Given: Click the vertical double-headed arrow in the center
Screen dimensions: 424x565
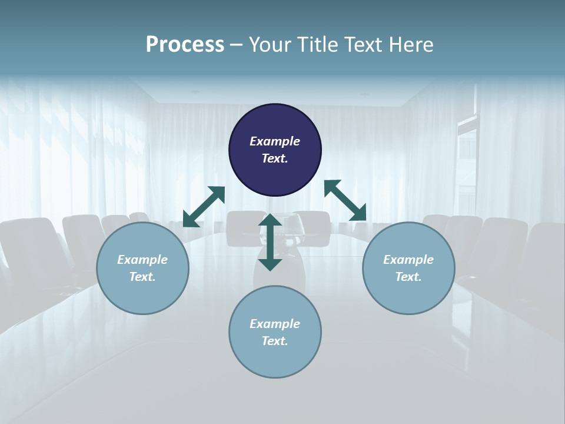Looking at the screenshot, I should [270, 242].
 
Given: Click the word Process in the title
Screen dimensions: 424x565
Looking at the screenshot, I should [185, 45].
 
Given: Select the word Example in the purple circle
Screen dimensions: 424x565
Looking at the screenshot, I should [275, 141].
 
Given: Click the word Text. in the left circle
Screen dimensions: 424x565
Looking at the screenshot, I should [142, 277].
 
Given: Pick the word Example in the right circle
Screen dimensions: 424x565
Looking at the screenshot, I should [408, 260].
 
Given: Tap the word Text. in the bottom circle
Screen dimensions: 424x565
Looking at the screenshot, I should [275, 341].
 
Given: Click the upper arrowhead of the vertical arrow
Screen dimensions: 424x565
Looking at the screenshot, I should [270, 220].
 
